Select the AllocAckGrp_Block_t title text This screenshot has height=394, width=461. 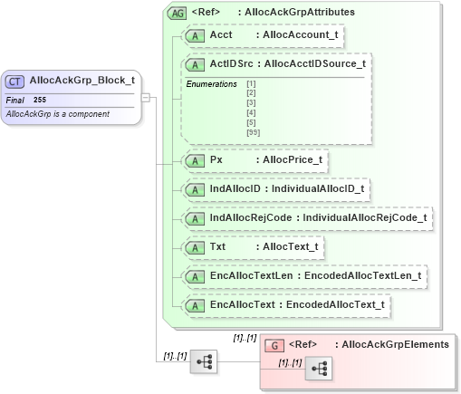coord(82,81)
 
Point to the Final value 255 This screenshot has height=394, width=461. coord(40,100)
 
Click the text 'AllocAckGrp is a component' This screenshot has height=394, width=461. coord(57,113)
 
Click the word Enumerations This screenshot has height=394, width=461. coord(211,83)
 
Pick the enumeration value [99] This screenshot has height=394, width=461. coord(252,132)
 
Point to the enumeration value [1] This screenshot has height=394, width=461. coord(250,83)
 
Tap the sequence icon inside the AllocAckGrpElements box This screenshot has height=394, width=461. coord(318,369)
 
